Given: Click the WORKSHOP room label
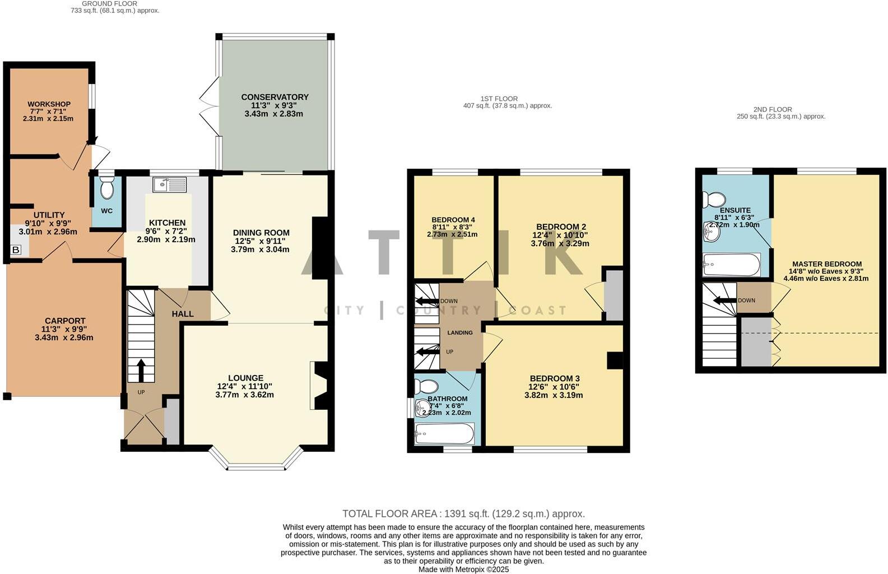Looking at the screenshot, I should coord(49,104).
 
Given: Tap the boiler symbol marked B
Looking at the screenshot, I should coord(16,250).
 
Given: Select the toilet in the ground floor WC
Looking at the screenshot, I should coord(106,189).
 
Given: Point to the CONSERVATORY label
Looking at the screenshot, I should coord(275,97).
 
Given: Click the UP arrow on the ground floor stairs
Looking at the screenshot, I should coord(141,370).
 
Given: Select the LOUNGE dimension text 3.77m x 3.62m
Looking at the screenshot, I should coord(244,395).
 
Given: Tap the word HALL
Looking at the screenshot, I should coord(183,314).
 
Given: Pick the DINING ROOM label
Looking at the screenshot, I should coord(261,233).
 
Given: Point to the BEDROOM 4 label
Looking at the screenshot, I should coord(453,220).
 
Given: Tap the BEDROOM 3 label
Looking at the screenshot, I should coord(554,378).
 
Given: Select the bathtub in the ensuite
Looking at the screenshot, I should coord(732,265).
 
